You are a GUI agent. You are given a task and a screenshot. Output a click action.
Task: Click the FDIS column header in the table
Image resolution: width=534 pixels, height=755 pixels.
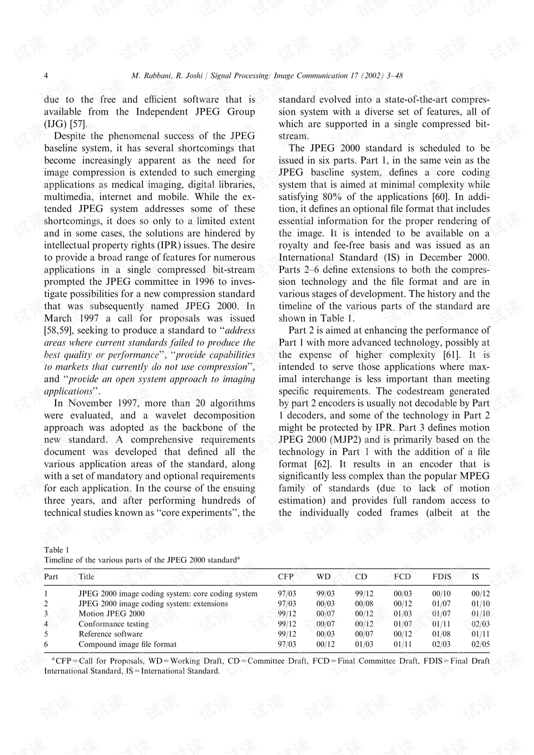point(442,577)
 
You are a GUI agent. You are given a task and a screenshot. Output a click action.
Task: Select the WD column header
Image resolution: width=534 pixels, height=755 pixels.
point(323,577)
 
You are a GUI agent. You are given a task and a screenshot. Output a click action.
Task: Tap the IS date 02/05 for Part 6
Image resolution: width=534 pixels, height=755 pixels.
point(481,644)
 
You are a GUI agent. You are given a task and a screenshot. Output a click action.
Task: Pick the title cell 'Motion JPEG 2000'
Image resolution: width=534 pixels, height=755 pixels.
point(111,614)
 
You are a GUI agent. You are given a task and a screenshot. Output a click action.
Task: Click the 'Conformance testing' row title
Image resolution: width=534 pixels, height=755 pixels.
point(113,624)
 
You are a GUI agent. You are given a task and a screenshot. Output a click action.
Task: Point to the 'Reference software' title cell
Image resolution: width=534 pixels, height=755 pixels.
point(110,634)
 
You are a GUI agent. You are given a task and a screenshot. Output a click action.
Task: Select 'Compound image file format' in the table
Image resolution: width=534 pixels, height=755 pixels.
point(127,644)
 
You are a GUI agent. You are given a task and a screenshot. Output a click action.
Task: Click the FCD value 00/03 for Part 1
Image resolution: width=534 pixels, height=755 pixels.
point(403,594)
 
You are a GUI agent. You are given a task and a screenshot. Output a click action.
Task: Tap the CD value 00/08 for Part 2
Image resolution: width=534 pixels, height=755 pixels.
point(364,604)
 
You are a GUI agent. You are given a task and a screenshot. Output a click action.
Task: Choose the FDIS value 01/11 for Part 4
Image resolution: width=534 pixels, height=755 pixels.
point(442,624)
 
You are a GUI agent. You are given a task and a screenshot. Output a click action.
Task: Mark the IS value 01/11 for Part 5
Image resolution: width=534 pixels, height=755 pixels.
point(481,634)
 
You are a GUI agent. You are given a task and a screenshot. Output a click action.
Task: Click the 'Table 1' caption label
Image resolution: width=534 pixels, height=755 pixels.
point(57,550)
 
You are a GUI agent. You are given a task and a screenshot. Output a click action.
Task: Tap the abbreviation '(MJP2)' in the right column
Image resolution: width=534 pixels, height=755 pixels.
point(348,440)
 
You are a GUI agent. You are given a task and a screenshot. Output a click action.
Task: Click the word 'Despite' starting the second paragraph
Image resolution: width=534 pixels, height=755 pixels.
point(70,136)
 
